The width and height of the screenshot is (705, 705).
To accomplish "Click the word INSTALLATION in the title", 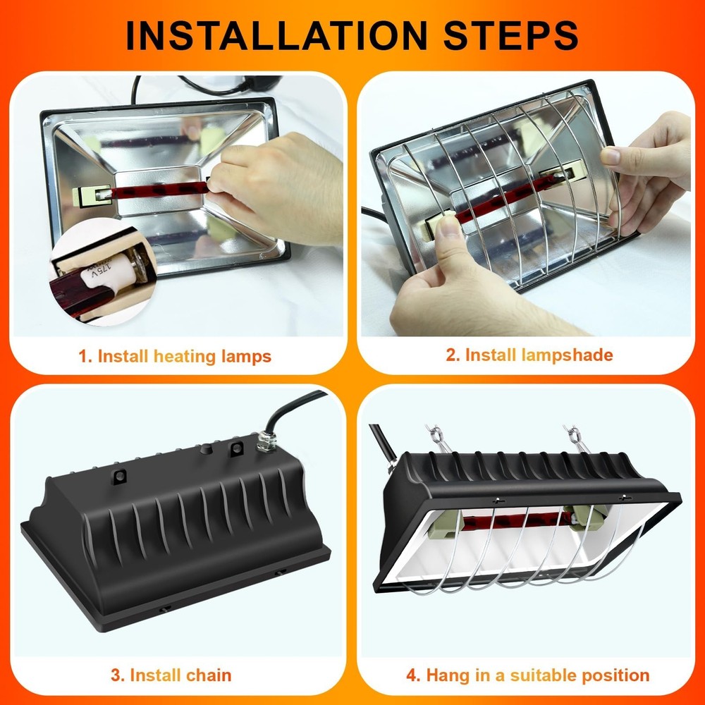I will pos(275,35).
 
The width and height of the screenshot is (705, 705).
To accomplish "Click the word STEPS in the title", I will pos(504,35).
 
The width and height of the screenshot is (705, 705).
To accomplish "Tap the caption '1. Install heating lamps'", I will pos(175,356).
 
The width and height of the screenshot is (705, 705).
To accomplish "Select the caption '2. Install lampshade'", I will pos(529,355).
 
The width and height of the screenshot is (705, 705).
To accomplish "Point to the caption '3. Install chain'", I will pos(171,675).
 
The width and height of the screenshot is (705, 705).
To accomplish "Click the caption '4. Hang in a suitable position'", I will pos(527,675).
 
